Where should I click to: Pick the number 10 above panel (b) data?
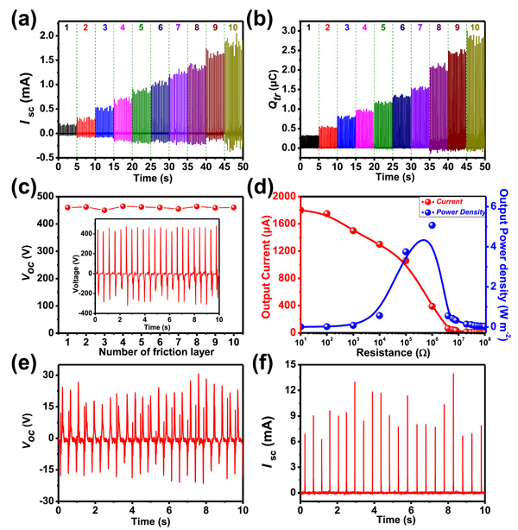click(x=473, y=28)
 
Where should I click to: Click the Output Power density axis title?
click(x=509, y=259)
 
